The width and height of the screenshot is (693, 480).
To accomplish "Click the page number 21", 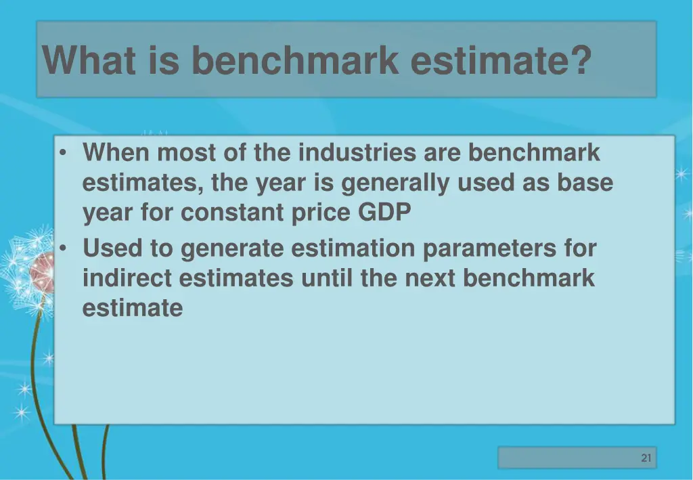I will (x=646, y=458).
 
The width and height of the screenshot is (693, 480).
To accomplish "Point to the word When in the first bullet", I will (x=116, y=153).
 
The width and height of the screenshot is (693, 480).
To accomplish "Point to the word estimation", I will (x=353, y=248).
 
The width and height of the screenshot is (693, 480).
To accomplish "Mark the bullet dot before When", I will (x=62, y=154).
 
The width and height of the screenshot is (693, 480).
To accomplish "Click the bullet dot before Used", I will (x=62, y=249).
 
